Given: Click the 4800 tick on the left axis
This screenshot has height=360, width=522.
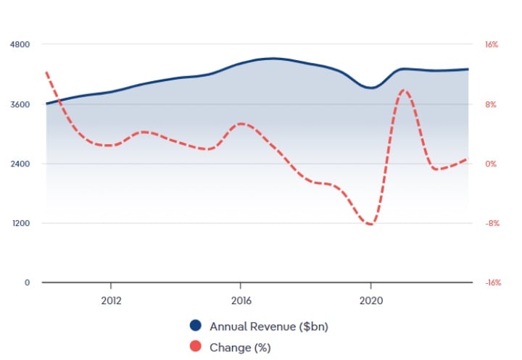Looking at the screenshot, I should pyautogui.click(x=20, y=45).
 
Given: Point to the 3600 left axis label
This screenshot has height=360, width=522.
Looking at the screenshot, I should pyautogui.click(x=20, y=104).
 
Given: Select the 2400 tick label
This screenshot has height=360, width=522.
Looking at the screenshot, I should pyautogui.click(x=20, y=164).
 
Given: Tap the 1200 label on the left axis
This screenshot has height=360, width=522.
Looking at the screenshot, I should pyautogui.click(x=20, y=223).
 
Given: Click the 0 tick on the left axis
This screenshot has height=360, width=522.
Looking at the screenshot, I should pyautogui.click(x=27, y=282).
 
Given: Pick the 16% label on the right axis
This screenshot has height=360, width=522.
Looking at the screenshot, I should pyautogui.click(x=492, y=45).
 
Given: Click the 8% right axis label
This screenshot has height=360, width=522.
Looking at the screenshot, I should pyautogui.click(x=492, y=104).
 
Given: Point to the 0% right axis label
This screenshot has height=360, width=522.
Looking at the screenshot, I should pyautogui.click(x=492, y=164).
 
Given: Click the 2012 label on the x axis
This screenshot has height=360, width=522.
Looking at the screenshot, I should pyautogui.click(x=111, y=299).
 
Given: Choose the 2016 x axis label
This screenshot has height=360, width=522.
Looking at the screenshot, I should pyautogui.click(x=241, y=299).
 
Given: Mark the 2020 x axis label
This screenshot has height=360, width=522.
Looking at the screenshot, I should pyautogui.click(x=370, y=299).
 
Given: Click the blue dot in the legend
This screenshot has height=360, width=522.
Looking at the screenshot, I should pyautogui.click(x=195, y=326).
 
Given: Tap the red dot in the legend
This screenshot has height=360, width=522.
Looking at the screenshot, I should pyautogui.click(x=195, y=347).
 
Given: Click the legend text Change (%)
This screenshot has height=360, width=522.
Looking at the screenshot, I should pyautogui.click(x=240, y=347).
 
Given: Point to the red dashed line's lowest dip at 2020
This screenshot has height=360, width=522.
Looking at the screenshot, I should pyautogui.click(x=370, y=225).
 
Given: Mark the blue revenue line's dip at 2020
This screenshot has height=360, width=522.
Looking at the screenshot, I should pyautogui.click(x=370, y=88).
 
